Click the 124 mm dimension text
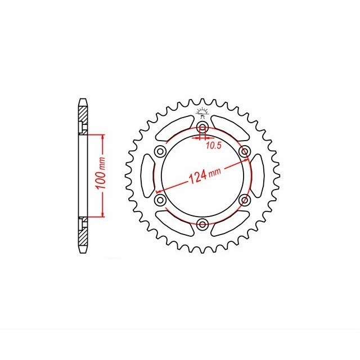pyautogui.click(x=205, y=175)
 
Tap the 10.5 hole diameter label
pyautogui.click(x=214, y=145)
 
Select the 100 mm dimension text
pyautogui.click(x=101, y=173)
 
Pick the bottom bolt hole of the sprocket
pyautogui.click(x=202, y=224)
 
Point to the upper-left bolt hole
pyautogui.click(x=160, y=151)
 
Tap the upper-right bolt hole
pyautogui.click(x=245, y=151)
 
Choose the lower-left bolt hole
pyautogui.click(x=160, y=200)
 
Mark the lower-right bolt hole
pyautogui.click(x=245, y=200)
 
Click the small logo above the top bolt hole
pyautogui.click(x=202, y=112)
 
